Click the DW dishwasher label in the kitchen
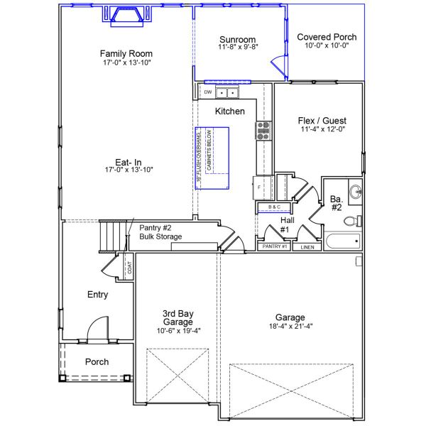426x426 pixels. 208,92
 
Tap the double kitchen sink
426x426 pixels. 227,93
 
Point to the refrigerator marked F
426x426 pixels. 260,187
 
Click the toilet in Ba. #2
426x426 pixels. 351,221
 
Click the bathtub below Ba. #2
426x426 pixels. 342,241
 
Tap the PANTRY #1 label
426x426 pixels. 274,246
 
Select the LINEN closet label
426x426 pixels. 307,247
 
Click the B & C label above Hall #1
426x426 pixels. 273,207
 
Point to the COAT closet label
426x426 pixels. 129,268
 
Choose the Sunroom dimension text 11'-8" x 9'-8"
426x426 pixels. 238,47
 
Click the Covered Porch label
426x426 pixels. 327,37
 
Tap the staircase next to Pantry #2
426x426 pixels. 112,235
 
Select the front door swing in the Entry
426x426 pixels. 97,329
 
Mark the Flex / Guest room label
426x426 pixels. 322,121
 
